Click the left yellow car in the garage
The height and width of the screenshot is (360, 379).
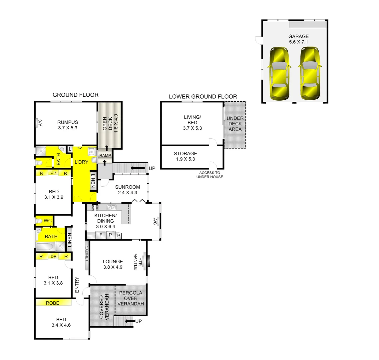(x=279, y=73)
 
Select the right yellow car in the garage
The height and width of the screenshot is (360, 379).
(x=310, y=73)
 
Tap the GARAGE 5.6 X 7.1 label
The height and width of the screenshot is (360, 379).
(x=298, y=39)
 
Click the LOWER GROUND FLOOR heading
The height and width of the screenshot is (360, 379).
(x=203, y=97)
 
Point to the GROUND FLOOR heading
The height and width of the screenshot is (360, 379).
(x=76, y=95)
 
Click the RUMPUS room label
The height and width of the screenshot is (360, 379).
(x=67, y=125)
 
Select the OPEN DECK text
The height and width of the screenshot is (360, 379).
(x=108, y=124)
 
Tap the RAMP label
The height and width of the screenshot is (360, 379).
(x=105, y=156)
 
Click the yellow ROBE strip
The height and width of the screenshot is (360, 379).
(x=53, y=303)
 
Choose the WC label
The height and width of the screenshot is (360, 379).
(x=48, y=221)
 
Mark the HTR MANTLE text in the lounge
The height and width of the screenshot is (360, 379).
(x=138, y=262)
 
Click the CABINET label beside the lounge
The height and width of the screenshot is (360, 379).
(x=87, y=254)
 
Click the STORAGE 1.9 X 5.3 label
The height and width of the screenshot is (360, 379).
(x=186, y=156)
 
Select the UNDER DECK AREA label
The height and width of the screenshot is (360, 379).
(x=235, y=124)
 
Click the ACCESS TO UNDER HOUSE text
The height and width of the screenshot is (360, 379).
(x=209, y=175)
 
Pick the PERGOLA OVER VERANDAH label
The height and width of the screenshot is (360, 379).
(x=131, y=298)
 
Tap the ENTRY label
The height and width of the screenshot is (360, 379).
(x=77, y=285)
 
